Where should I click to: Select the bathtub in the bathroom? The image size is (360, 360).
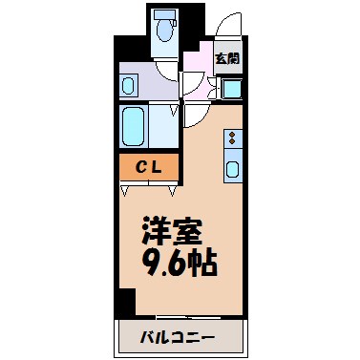click(133, 124)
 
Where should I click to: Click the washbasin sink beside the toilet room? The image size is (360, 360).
click(129, 85)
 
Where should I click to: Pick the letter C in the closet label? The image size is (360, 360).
click(138, 168)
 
